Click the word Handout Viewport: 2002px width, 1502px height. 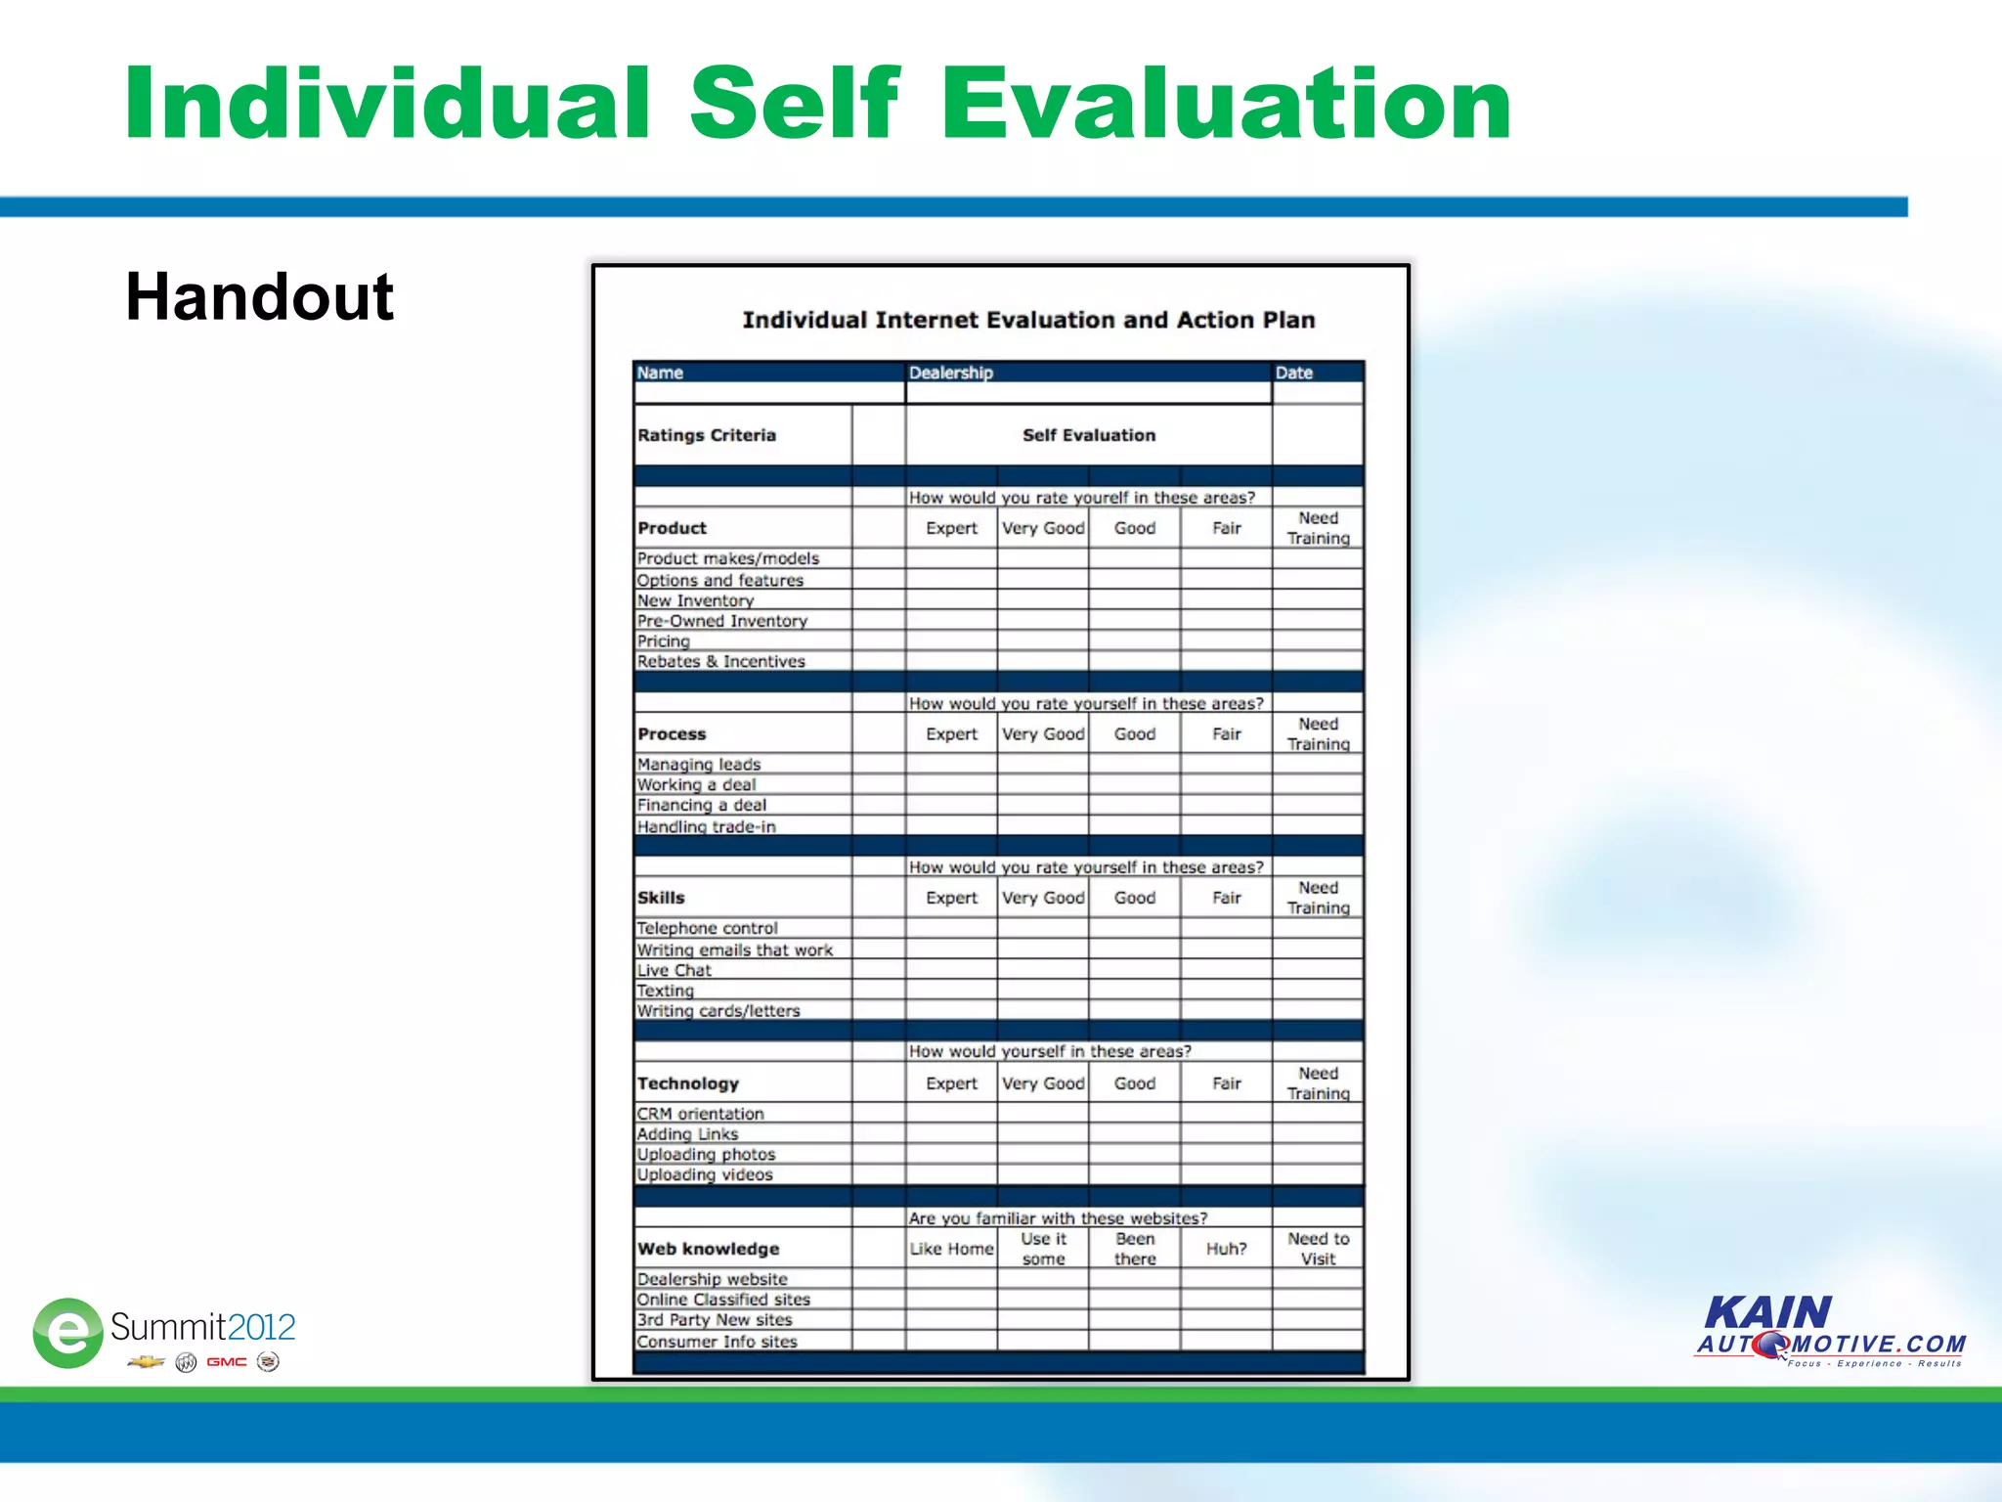(x=259, y=296)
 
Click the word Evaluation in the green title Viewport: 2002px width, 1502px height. (x=1226, y=104)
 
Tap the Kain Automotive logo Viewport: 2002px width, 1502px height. (x=1830, y=1331)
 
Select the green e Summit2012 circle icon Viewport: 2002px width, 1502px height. (x=67, y=1332)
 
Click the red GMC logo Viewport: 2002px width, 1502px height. (x=226, y=1362)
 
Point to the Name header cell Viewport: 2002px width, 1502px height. (x=661, y=373)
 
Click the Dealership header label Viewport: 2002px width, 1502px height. (x=950, y=373)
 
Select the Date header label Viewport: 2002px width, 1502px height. (x=1293, y=373)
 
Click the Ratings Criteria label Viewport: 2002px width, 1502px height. (x=706, y=435)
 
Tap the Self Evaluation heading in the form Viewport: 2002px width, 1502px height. (x=1088, y=435)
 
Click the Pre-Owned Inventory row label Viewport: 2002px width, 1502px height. (x=721, y=621)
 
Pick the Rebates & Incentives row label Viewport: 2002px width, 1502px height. (x=720, y=661)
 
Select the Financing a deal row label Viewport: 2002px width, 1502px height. (x=701, y=805)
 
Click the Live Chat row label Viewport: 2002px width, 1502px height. (x=674, y=970)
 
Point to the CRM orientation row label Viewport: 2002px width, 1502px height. (x=700, y=1114)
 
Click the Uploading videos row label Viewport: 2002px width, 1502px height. (x=704, y=1174)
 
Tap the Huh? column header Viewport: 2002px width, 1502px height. (x=1226, y=1249)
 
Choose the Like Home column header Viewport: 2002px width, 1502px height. (x=951, y=1249)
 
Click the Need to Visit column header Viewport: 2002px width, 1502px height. (x=1318, y=1249)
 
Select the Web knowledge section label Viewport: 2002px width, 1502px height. (x=708, y=1249)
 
